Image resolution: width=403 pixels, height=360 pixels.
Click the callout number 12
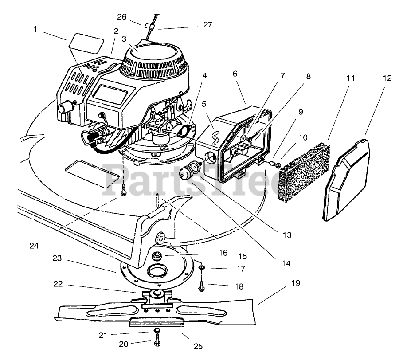tap(387, 78)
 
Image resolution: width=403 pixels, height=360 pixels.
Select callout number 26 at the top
tap(122, 17)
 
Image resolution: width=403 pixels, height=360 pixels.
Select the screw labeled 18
tap(202, 286)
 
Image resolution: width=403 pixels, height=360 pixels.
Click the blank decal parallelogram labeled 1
tap(86, 42)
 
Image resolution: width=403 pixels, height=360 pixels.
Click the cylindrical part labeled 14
tap(189, 172)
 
